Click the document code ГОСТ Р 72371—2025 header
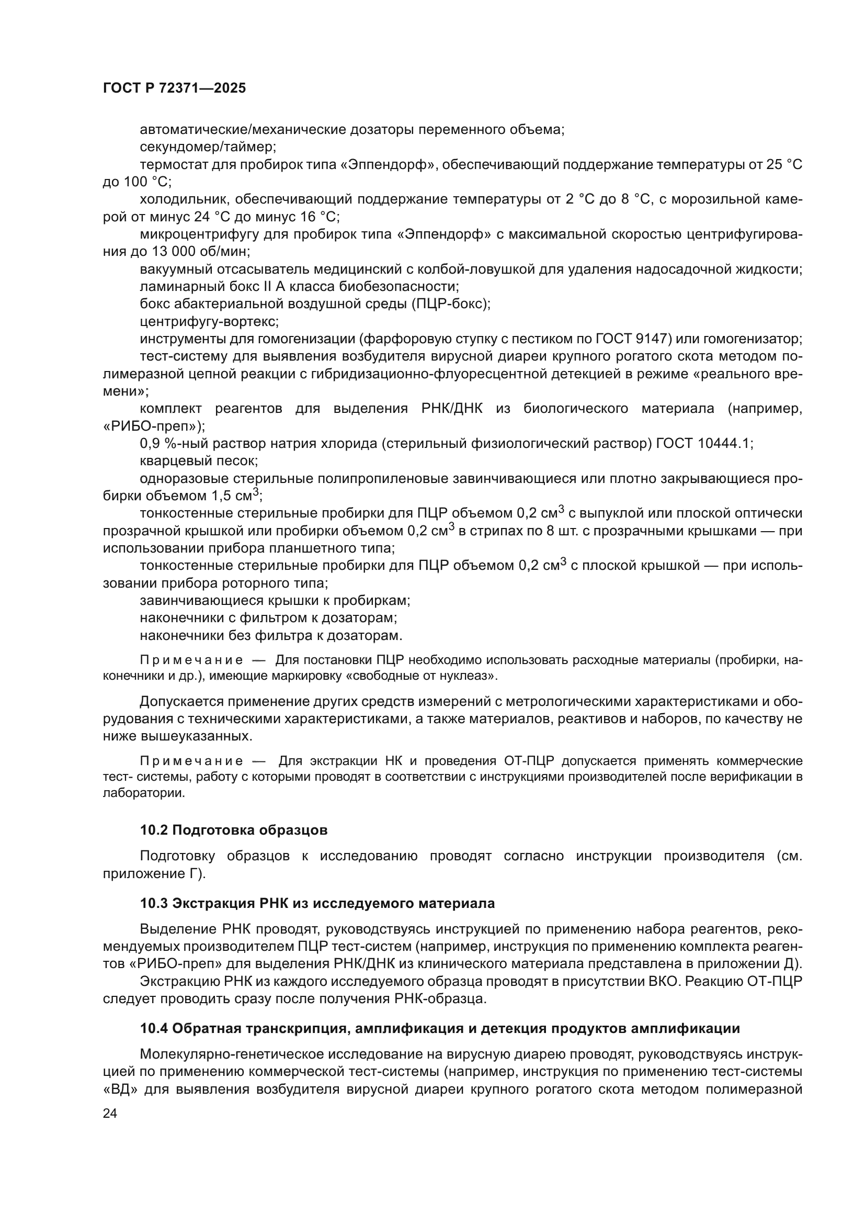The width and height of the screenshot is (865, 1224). click(x=174, y=88)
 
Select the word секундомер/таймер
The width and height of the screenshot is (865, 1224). click(x=208, y=147)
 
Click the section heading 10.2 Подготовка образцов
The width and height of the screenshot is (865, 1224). click(x=234, y=830)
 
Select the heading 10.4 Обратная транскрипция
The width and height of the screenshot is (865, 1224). click(x=439, y=1028)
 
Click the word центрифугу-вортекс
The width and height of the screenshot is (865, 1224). click(x=209, y=321)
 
